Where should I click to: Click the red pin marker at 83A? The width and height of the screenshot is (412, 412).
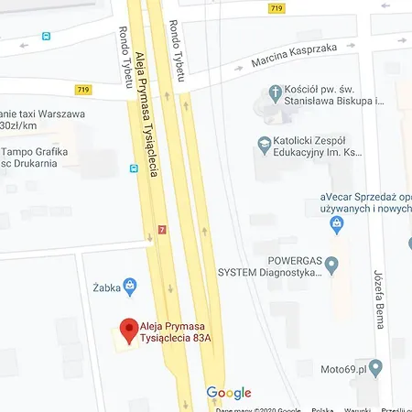click(129, 328)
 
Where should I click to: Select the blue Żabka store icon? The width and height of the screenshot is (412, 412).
click(130, 286)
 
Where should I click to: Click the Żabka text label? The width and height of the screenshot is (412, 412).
click(107, 286)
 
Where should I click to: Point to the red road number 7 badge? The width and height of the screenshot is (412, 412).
click(163, 230)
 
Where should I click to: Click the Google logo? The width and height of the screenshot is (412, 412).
click(228, 393)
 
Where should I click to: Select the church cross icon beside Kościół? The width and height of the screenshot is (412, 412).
click(273, 92)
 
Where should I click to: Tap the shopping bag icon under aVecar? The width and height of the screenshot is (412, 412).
click(338, 222)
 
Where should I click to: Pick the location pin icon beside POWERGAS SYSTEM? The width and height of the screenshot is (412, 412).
click(331, 266)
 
